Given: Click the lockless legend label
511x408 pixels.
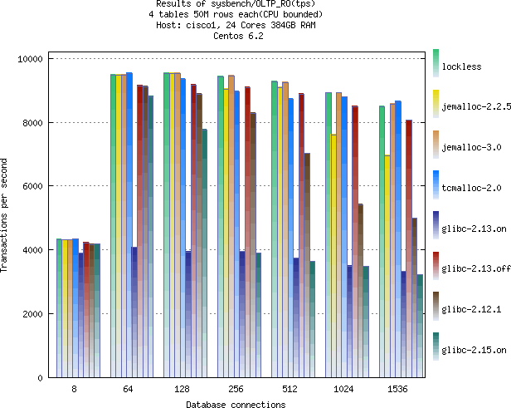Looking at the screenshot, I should (462, 66).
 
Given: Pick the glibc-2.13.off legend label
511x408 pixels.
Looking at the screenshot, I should (476, 268).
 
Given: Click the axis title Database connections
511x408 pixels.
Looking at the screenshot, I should (236, 404).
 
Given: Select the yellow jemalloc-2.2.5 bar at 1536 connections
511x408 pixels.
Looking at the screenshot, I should (387, 266).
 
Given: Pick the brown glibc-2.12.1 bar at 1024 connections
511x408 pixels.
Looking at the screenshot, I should (360, 291).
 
